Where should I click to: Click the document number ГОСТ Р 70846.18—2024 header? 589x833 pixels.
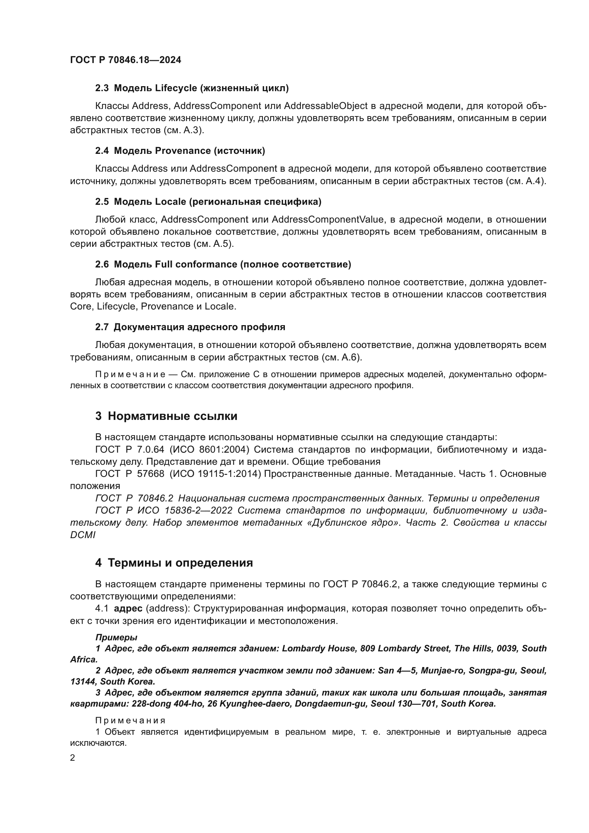pyautogui.click(x=125, y=60)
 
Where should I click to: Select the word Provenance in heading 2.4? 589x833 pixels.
pyautogui.click(x=182, y=151)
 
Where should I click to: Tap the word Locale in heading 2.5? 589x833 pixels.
pyautogui.click(x=170, y=202)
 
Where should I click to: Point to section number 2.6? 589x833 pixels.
pyautogui.click(x=102, y=265)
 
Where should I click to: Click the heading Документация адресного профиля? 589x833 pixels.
pyautogui.click(x=199, y=327)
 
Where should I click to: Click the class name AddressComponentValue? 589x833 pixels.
pyautogui.click(x=328, y=219)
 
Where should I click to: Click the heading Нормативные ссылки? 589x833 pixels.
pyautogui.click(x=172, y=416)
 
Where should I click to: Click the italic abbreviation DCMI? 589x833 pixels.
pyautogui.click(x=83, y=535)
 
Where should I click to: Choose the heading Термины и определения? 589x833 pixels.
pyautogui.click(x=180, y=563)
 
